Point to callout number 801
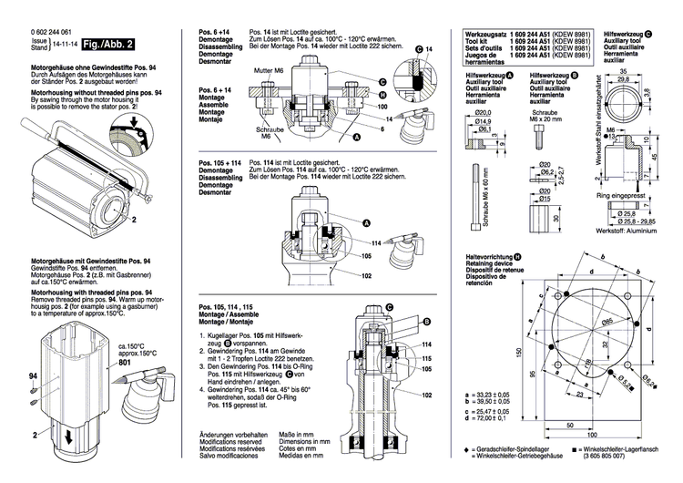124,363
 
